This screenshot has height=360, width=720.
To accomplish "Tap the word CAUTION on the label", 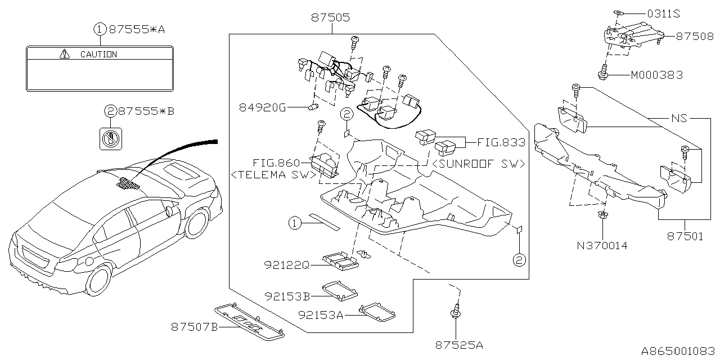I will click(98, 55).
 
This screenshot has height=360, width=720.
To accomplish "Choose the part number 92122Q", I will click(287, 263).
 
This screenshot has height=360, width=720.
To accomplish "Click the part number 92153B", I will click(287, 296).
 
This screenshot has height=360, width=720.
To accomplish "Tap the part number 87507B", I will click(194, 327).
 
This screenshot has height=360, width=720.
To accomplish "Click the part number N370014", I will click(602, 245).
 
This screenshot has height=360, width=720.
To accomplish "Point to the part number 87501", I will click(685, 237).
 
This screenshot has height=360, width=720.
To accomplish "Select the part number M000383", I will click(656, 75).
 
